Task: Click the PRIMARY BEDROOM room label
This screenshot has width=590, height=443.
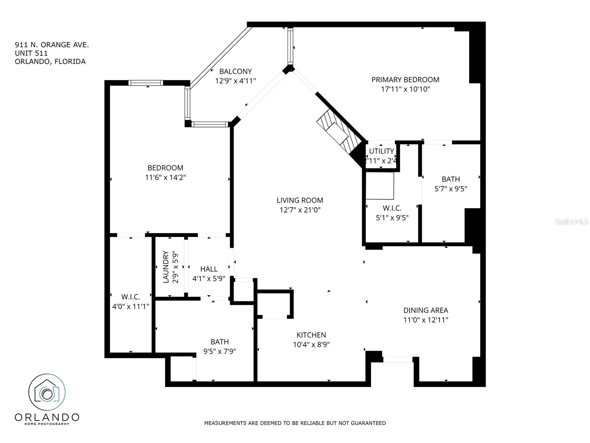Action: tap(405, 80)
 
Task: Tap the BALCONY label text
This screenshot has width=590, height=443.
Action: tap(236, 71)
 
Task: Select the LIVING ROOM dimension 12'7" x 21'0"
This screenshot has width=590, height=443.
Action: tap(300, 210)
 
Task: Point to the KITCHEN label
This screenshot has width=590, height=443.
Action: tap(311, 335)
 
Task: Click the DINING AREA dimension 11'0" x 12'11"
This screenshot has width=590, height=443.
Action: tap(426, 320)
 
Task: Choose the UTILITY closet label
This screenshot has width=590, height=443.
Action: tap(381, 151)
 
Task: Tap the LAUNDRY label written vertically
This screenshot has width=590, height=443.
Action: tap(166, 267)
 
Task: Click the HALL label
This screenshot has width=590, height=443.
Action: tap(209, 269)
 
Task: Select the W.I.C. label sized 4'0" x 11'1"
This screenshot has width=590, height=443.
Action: tap(131, 297)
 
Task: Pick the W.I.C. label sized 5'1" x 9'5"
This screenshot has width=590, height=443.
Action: tap(392, 208)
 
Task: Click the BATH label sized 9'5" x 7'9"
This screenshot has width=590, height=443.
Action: tap(220, 341)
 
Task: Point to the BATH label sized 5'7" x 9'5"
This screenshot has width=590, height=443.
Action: tap(451, 179)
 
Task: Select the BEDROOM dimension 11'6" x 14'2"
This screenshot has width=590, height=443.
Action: tap(166, 178)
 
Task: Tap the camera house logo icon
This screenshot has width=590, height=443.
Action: tap(47, 392)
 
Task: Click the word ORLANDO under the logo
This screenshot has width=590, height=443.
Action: tap(47, 417)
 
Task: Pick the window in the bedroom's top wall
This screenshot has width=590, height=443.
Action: tap(146, 83)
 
